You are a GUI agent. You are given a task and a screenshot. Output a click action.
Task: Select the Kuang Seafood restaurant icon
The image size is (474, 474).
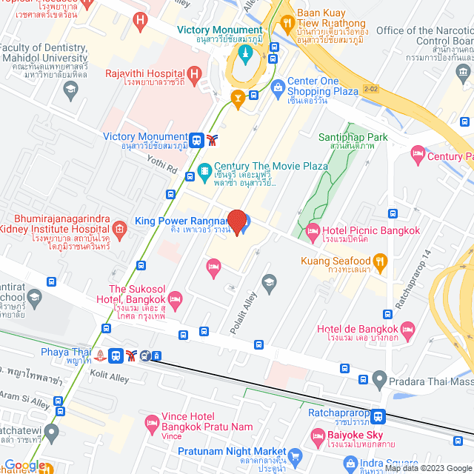click(380, 261)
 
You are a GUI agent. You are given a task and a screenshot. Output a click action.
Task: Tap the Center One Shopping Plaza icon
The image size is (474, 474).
click(278, 87)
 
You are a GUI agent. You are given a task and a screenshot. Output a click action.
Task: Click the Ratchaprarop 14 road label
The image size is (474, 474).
click(404, 278)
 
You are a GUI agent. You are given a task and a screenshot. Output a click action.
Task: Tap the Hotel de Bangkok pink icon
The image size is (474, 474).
click(407, 329)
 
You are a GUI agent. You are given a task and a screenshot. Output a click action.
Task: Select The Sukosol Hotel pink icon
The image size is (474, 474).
click(175, 298)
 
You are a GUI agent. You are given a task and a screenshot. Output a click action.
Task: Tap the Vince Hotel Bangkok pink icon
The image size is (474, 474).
click(151, 424)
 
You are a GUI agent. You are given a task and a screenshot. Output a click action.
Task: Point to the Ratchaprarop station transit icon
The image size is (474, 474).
click(378, 416)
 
